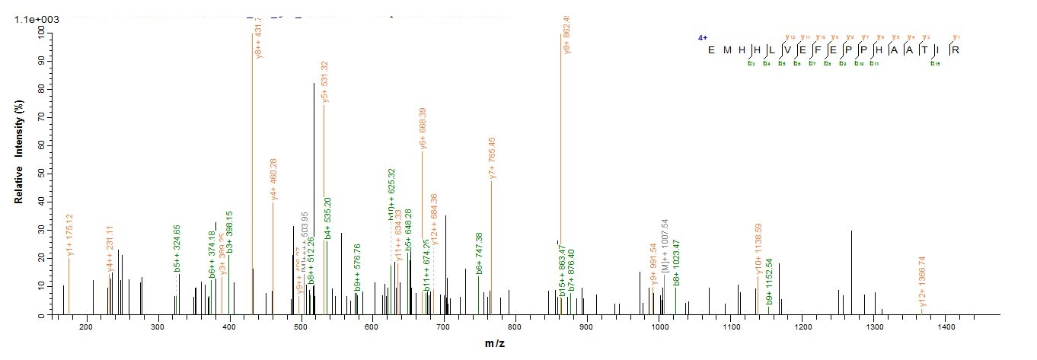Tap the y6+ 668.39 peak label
click(x=423, y=129)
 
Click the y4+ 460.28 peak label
click(x=274, y=180)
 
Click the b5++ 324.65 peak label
click(x=177, y=249)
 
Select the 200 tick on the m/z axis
click(x=85, y=327)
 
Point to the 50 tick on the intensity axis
click(x=40, y=174)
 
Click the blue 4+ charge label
click(x=703, y=37)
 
